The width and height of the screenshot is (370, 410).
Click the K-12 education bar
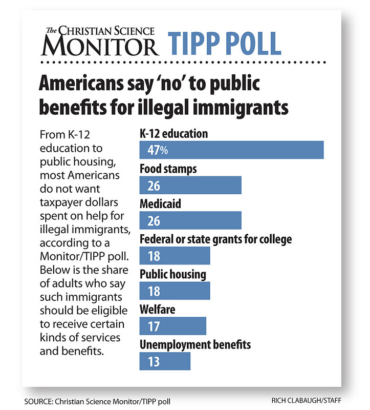(x=231, y=150)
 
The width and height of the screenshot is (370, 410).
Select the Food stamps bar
(x=190, y=185)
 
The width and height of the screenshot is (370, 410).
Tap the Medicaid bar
(x=190, y=220)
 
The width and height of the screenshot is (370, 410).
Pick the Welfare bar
(x=172, y=326)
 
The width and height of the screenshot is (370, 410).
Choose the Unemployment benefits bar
(x=165, y=361)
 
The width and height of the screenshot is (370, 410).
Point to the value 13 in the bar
(x=154, y=361)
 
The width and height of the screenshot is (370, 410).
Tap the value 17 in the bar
(x=154, y=326)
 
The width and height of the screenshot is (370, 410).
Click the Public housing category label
(x=173, y=274)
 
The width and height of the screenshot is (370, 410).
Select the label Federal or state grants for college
(x=223, y=239)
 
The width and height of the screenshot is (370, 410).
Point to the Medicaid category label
(x=160, y=203)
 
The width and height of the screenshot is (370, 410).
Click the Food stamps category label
(x=168, y=168)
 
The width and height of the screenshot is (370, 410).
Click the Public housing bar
(x=175, y=291)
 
